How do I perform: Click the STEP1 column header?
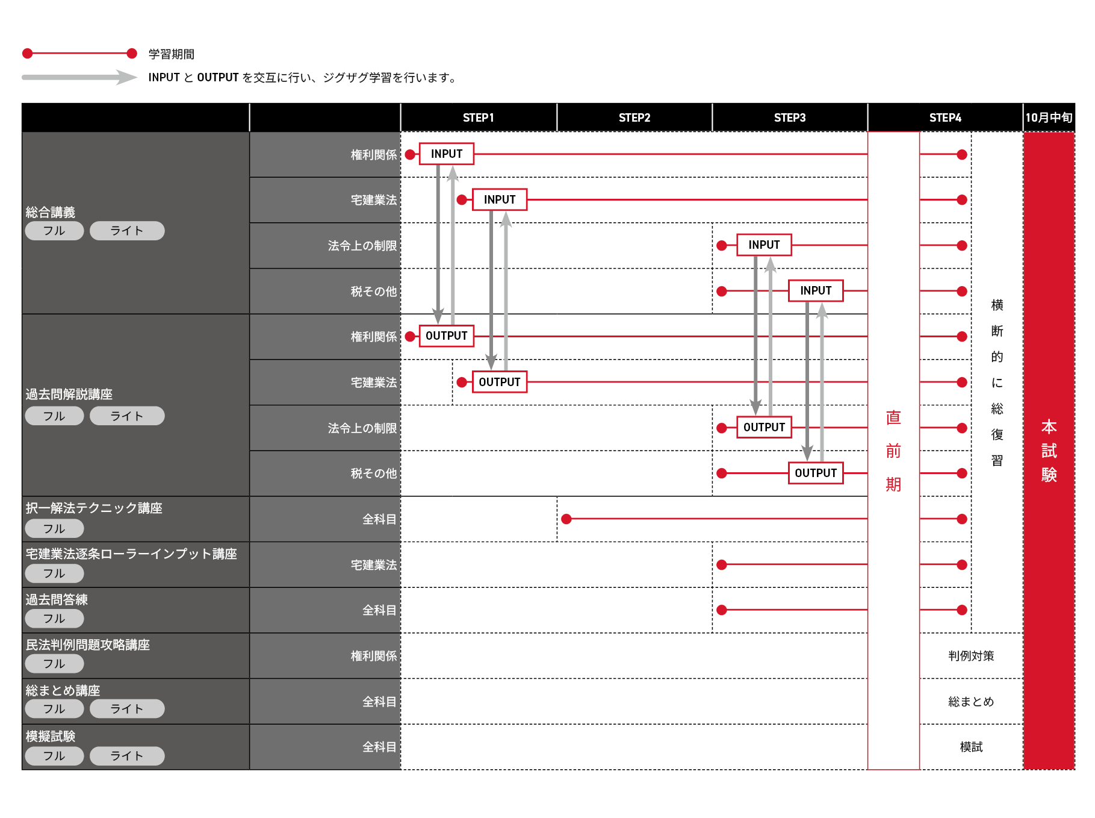tap(478, 117)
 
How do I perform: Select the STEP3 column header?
tap(789, 117)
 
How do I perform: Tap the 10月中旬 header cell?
tap(1049, 117)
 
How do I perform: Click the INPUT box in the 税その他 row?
tap(816, 290)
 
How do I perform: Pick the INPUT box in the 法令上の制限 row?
tap(764, 245)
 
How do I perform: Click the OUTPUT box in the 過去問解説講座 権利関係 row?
tap(446, 336)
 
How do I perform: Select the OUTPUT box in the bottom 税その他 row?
tap(816, 473)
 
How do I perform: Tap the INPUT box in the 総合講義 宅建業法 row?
tap(500, 199)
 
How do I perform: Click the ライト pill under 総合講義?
tap(127, 231)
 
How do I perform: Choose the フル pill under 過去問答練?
tap(54, 619)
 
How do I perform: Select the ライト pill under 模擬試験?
tap(127, 756)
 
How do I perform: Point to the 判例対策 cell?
tap(971, 656)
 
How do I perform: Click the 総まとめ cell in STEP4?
tap(971, 702)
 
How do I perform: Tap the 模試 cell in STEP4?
tap(971, 747)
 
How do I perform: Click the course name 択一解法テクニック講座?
tap(94, 508)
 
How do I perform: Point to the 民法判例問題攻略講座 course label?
tap(88, 645)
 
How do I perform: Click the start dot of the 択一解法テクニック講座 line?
tap(566, 519)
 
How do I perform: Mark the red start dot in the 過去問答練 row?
tap(722, 610)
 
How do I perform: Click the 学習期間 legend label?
tap(172, 54)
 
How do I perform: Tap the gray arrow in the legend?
tap(79, 77)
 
